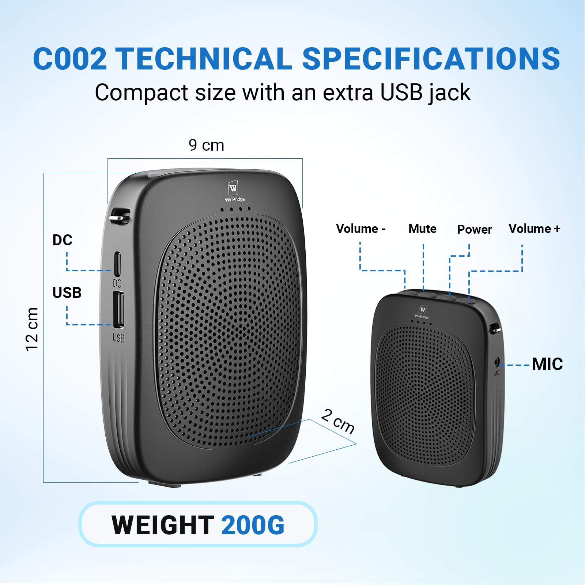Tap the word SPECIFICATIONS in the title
(x=431, y=58)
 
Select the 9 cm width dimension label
(x=206, y=145)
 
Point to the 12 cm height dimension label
(x=32, y=329)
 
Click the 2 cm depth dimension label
(x=338, y=421)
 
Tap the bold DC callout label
(x=63, y=240)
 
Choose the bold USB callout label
(x=67, y=292)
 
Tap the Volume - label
(x=361, y=229)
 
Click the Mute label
(x=422, y=229)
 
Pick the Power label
(x=474, y=229)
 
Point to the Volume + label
(x=534, y=229)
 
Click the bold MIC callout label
(x=547, y=364)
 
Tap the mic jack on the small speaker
(x=497, y=362)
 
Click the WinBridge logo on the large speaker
(x=234, y=191)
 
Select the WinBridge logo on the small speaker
(x=422, y=312)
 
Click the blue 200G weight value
(x=253, y=525)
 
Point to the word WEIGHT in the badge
(x=163, y=525)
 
